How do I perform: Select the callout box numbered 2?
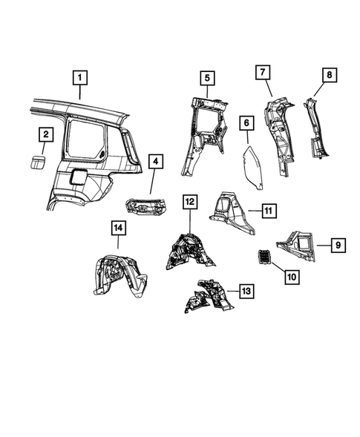[45, 134]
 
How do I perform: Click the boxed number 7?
[262, 73]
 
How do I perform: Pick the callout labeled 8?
[328, 75]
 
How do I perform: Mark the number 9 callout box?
[337, 243]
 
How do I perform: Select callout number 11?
[269, 211]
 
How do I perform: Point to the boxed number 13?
[244, 292]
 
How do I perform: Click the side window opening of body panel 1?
[83, 140]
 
